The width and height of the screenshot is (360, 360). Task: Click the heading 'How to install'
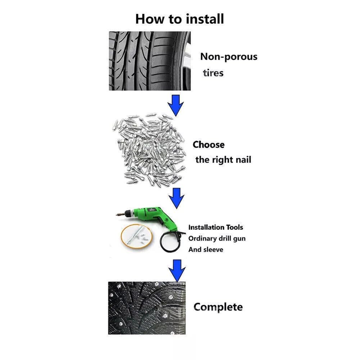point(179,19)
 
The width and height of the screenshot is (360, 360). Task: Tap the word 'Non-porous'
point(229,57)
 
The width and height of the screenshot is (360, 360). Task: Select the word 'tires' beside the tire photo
point(213,73)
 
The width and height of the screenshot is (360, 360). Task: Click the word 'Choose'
point(209,145)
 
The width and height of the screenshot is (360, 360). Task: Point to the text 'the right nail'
point(223,160)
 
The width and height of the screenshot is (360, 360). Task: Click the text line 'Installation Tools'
point(215,227)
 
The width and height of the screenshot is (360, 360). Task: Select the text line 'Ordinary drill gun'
point(217,238)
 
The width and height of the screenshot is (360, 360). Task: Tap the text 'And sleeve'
point(206,250)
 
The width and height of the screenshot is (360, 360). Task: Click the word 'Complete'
point(218,307)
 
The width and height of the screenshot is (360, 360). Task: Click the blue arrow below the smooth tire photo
point(176,105)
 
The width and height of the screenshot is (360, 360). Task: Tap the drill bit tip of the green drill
point(117,215)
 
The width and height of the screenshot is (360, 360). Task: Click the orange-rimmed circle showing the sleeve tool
point(137,236)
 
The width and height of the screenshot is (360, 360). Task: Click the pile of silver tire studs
point(149,150)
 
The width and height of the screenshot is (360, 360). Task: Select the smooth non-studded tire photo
point(150,61)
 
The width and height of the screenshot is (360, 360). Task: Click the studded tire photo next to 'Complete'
point(147,308)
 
